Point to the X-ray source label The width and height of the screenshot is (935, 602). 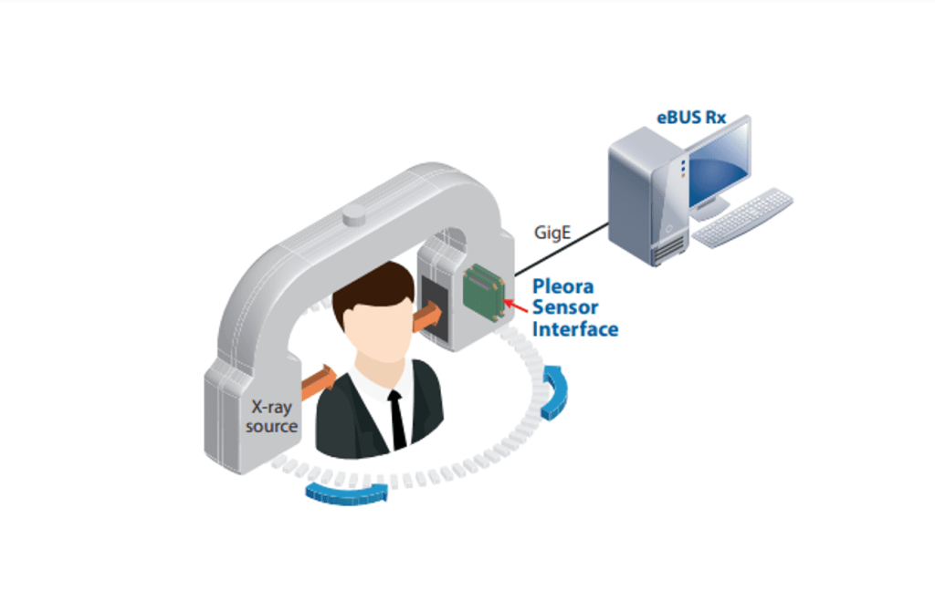coord(271,417)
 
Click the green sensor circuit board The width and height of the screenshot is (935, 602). coord(485,291)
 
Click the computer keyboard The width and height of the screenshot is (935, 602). coord(742,216)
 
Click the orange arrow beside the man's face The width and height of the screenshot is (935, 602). coord(427,318)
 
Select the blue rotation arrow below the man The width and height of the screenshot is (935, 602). coord(347,493)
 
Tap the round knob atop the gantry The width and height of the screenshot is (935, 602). coord(352,216)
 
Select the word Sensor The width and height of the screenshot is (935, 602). coord(567,306)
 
